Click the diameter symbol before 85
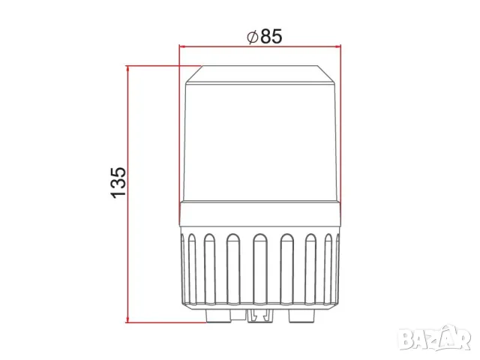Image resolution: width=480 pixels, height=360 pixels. (253, 37)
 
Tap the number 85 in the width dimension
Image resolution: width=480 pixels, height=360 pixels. (271, 37)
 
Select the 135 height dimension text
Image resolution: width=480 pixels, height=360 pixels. (118, 183)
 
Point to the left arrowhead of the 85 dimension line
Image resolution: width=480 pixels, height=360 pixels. (183, 46)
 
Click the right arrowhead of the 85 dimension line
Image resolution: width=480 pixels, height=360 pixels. (337, 46)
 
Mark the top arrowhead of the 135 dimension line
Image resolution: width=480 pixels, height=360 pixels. (128, 70)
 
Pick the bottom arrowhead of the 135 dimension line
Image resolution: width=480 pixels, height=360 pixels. (128, 319)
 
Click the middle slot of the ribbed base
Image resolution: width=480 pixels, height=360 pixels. (259, 269)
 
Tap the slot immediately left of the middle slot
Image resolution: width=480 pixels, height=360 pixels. (232, 269)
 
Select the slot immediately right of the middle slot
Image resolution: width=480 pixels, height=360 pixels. (286, 269)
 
